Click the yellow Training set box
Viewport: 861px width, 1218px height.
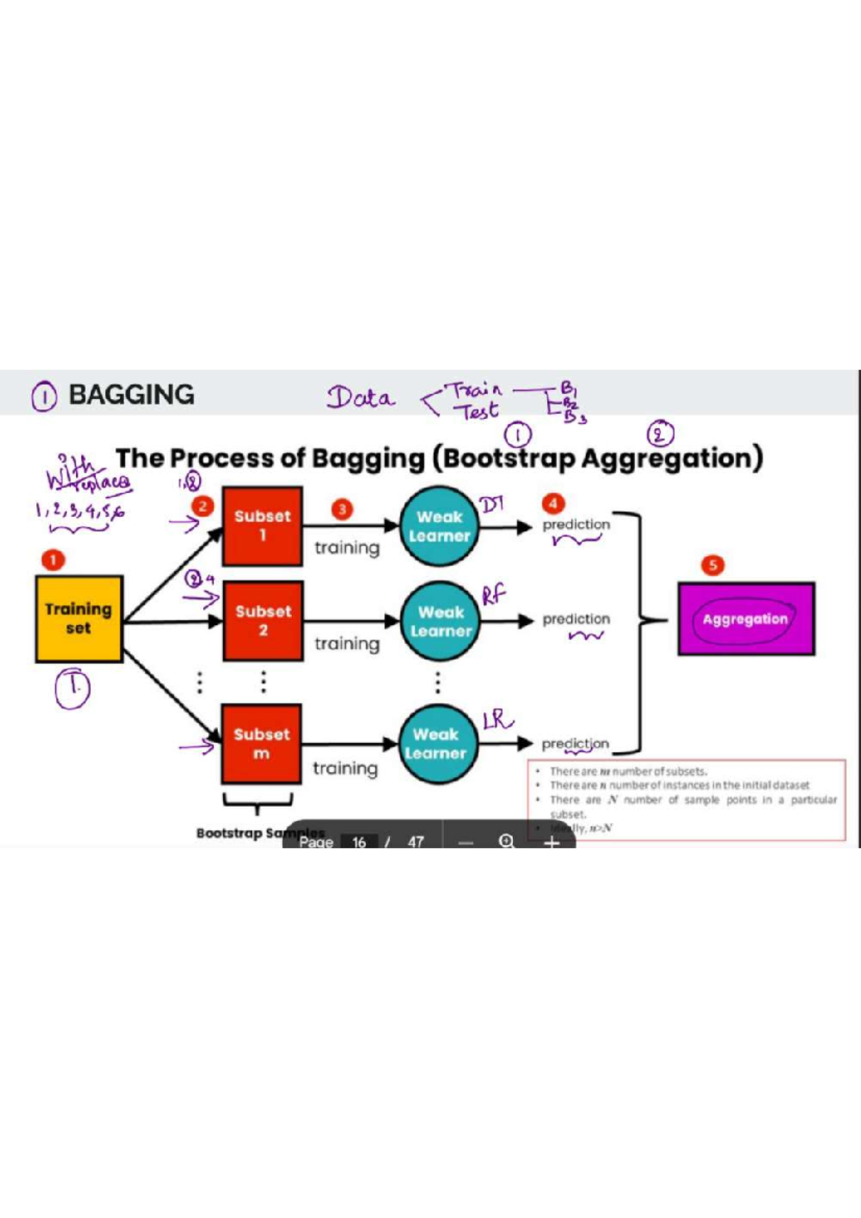pyautogui.click(x=79, y=618)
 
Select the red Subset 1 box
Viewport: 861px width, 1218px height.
pyautogui.click(x=262, y=526)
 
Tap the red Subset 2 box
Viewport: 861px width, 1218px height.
pyautogui.click(x=263, y=620)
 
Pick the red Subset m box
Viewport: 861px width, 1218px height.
pyautogui.click(x=261, y=743)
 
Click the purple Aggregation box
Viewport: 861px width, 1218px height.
pyautogui.click(x=746, y=619)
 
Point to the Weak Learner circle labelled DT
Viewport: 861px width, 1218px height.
pyautogui.click(x=439, y=527)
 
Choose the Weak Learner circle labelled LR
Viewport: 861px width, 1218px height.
pyautogui.click(x=436, y=744)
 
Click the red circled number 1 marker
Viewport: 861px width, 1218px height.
pyautogui.click(x=52, y=560)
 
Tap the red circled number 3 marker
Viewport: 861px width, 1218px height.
pyautogui.click(x=342, y=509)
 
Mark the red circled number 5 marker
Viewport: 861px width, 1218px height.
pyautogui.click(x=712, y=565)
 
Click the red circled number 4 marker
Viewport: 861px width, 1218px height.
pyautogui.click(x=552, y=503)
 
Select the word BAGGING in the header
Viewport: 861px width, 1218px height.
pyautogui.click(x=131, y=395)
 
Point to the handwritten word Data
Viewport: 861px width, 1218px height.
pyautogui.click(x=361, y=397)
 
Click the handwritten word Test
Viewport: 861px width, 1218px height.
pyautogui.click(x=479, y=412)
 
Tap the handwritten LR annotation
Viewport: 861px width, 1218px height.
pyautogui.click(x=497, y=719)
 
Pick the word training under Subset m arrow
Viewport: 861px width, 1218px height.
pyautogui.click(x=345, y=768)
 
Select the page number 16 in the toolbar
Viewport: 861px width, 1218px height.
pyautogui.click(x=359, y=841)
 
